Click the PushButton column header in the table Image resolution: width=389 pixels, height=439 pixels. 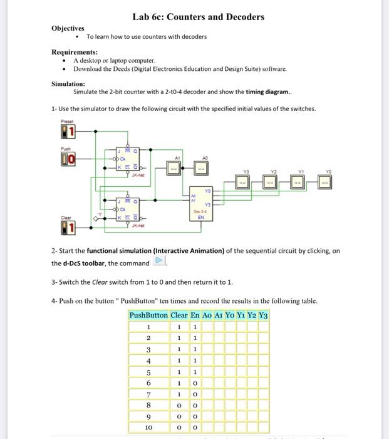pos(148,315)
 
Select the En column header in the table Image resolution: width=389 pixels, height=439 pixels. pos(195,315)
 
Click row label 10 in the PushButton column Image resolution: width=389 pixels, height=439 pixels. pos(148,427)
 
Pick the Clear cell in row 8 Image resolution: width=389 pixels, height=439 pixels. pos(179,405)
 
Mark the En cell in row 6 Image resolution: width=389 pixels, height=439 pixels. pos(195,383)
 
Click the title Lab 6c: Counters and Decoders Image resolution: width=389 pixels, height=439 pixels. pos(198,17)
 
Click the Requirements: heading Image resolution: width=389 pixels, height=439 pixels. pos(75,52)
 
